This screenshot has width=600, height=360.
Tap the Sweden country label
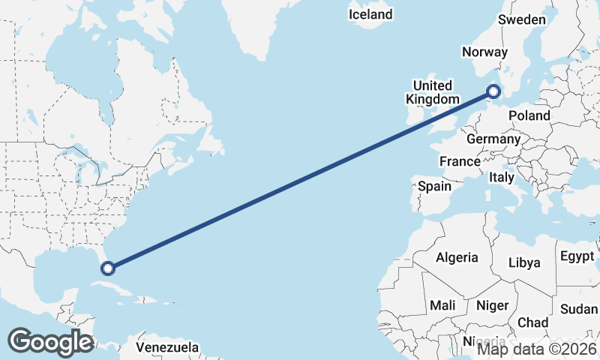(x=522, y=19)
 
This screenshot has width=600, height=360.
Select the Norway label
(x=485, y=52)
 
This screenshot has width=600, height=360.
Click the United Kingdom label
(x=433, y=92)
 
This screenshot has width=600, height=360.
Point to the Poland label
(x=529, y=115)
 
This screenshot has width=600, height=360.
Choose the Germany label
(x=493, y=139)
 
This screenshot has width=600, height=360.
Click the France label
(x=460, y=161)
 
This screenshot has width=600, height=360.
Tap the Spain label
(x=434, y=186)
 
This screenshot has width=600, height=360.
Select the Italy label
(x=501, y=178)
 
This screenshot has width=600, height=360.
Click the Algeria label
(x=457, y=257)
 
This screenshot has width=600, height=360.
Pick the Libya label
(x=524, y=262)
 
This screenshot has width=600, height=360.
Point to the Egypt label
(x=577, y=256)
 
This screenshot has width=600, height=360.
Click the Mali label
(x=442, y=305)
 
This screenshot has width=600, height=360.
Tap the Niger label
(x=492, y=305)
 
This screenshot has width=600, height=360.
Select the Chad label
(x=532, y=322)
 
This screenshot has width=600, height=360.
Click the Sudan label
(x=579, y=309)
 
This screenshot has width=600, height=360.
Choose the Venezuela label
(x=167, y=347)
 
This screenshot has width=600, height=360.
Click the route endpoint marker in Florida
(x=108, y=268)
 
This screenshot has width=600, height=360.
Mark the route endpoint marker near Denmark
(x=493, y=92)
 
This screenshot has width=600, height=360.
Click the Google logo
(x=50, y=342)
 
